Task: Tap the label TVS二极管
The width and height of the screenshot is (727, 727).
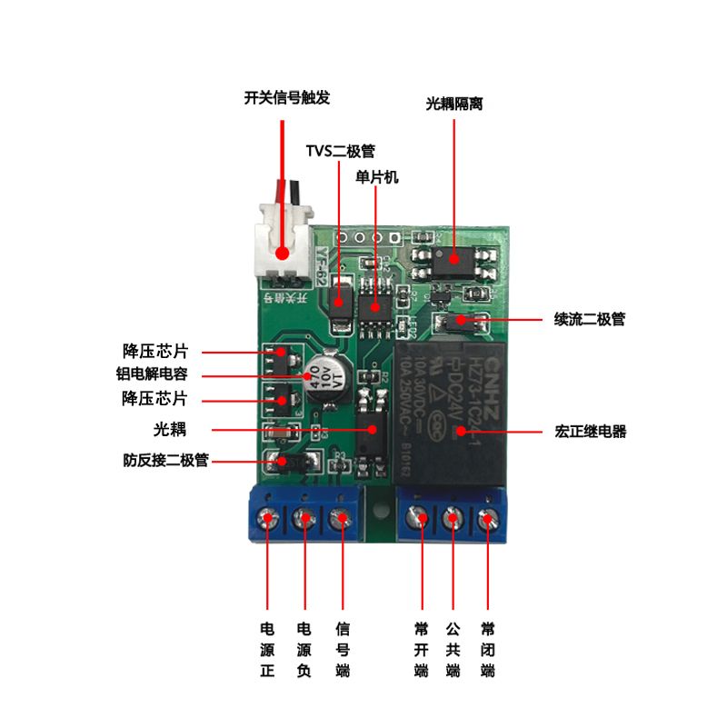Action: tap(340, 151)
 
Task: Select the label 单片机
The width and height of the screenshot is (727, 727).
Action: tap(377, 177)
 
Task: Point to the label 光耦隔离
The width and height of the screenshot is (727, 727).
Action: tap(453, 104)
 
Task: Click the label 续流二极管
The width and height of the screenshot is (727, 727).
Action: tap(590, 319)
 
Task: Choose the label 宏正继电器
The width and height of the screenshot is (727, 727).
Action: tap(590, 431)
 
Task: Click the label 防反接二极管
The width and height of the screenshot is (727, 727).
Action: tap(166, 461)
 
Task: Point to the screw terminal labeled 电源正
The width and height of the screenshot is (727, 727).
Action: tap(269, 520)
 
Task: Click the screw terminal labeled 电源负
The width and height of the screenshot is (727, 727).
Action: tap(304, 520)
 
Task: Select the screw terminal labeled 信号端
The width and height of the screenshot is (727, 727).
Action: tap(342, 520)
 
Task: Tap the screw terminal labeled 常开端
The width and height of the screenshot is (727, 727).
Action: tap(421, 520)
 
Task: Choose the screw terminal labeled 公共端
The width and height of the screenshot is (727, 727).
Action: tap(453, 520)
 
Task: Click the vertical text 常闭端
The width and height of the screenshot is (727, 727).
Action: tap(488, 650)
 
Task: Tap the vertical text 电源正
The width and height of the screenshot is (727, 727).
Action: tap(267, 650)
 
